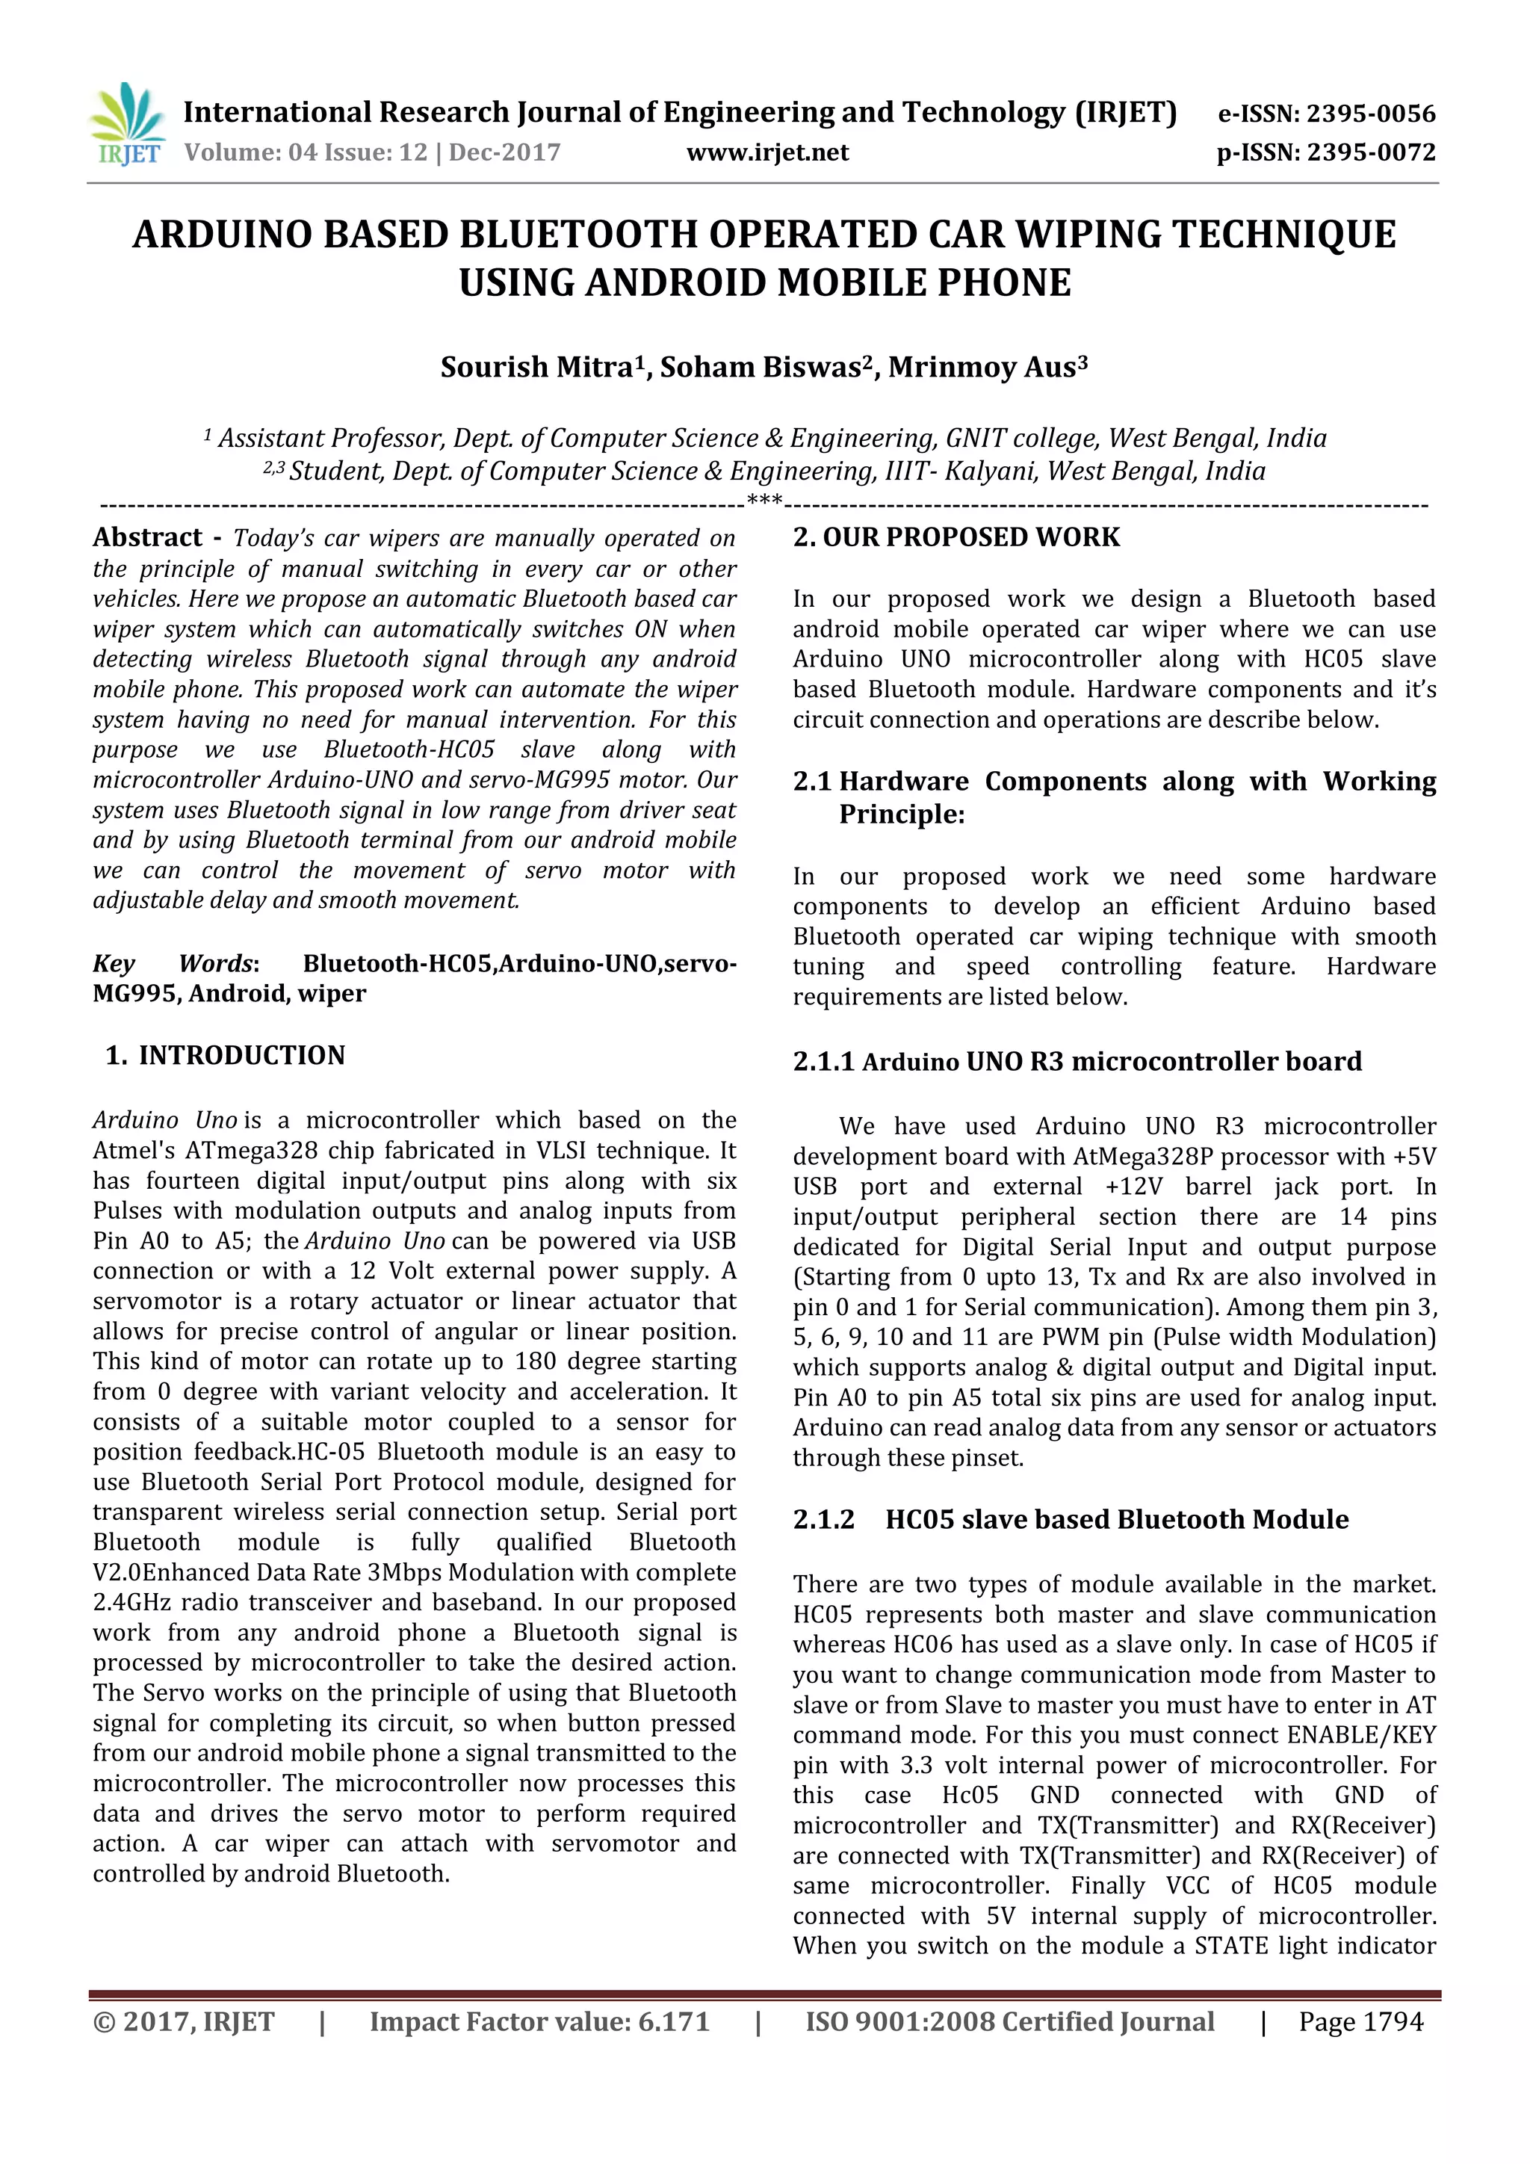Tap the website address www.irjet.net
pyautogui.click(x=767, y=152)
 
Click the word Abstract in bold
pyautogui.click(x=148, y=538)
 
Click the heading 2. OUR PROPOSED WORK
pyautogui.click(x=956, y=537)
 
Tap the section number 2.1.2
pyautogui.click(x=823, y=1519)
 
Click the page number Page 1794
pyautogui.click(x=1360, y=2022)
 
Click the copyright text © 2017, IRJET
pyautogui.click(x=184, y=2022)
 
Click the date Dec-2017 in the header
pyautogui.click(x=504, y=152)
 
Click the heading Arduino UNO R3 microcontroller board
pyautogui.click(x=1112, y=1063)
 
